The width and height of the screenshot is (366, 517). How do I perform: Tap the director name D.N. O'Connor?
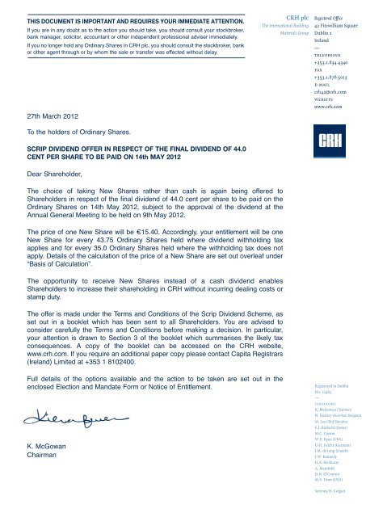(326, 473)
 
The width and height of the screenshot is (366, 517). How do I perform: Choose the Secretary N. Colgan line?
(330, 490)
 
